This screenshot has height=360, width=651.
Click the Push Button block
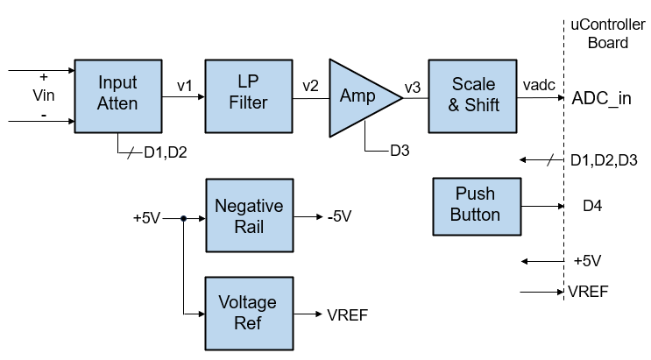pos(477,205)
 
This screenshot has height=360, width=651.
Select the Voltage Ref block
pos(249,313)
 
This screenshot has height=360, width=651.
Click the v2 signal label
pos(311,86)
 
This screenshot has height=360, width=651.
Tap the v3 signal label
pos(413,86)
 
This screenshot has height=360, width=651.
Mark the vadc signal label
pos(538,86)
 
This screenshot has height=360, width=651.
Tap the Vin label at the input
pos(43,96)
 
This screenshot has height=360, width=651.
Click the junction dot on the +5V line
pos(183,218)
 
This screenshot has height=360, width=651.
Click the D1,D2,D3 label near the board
pos(604,160)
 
